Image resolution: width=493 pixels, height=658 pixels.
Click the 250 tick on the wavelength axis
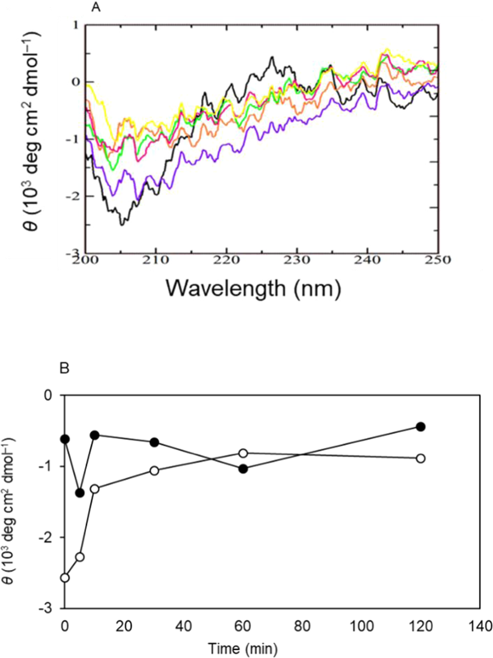pos(437,260)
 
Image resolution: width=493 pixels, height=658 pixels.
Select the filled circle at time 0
pos(65,439)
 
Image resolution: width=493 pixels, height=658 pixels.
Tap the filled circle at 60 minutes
pos(243,468)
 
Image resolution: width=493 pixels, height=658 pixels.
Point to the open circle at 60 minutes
pos(243,453)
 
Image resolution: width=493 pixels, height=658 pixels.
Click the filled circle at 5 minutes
pos(80,493)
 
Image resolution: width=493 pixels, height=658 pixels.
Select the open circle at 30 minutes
pos(154,471)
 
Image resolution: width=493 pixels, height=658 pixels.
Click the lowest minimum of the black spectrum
pos(121,224)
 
